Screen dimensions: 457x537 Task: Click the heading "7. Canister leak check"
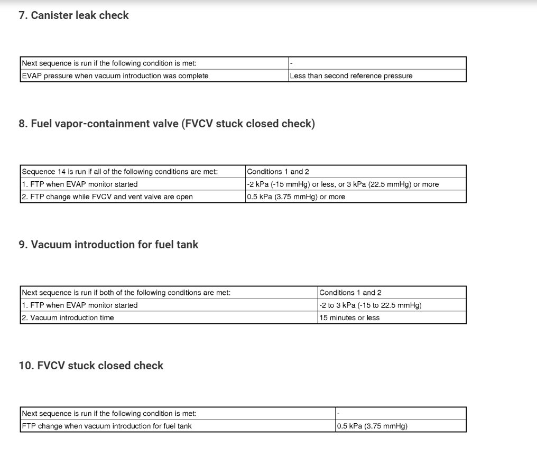click(73, 15)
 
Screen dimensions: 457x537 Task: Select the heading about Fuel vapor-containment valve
click(166, 124)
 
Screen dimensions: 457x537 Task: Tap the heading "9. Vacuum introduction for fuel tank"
click(108, 245)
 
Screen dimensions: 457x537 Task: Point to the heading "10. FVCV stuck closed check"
click(91, 366)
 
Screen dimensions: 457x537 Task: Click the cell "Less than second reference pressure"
click(351, 76)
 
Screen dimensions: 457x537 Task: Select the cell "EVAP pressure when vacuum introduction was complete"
click(115, 76)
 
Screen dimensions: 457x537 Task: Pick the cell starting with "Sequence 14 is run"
click(119, 171)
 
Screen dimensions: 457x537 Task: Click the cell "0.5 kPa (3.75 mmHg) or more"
click(295, 197)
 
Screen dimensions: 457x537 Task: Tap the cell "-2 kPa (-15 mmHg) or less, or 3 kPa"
click(342, 184)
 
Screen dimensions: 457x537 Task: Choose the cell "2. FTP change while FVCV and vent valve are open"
click(107, 197)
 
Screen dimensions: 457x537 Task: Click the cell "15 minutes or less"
click(349, 318)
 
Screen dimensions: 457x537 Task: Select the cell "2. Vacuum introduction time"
click(68, 318)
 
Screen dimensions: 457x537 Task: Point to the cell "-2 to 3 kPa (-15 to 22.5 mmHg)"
click(370, 305)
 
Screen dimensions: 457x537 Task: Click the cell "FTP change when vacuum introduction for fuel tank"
click(107, 426)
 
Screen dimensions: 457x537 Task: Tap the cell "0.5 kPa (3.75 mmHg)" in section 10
click(372, 426)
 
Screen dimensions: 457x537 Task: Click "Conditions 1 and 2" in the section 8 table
click(277, 171)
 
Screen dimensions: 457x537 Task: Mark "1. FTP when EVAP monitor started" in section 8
click(79, 184)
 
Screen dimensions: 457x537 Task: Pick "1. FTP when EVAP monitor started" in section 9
click(79, 305)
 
